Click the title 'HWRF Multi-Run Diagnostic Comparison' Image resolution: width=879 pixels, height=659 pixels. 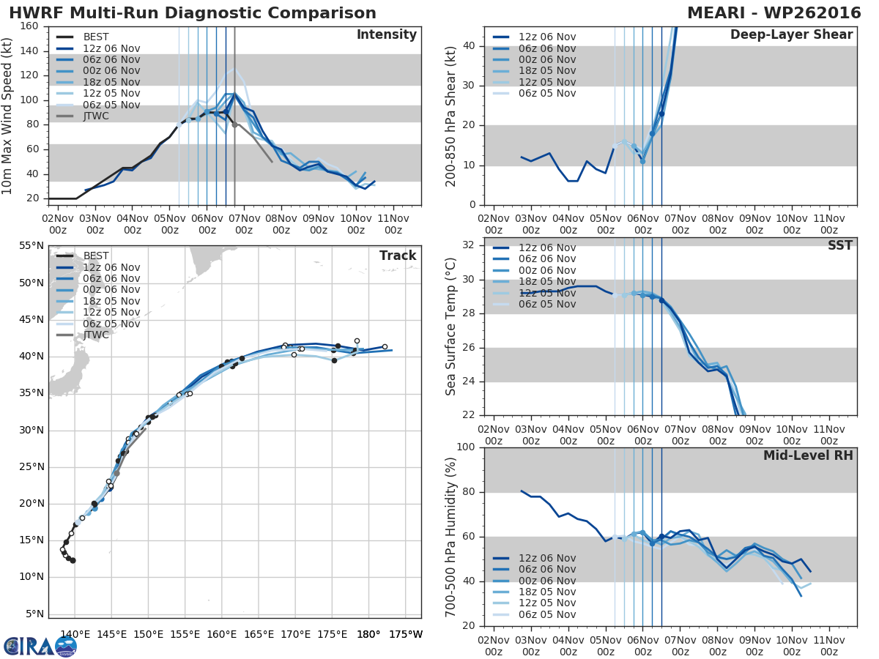pos(193,13)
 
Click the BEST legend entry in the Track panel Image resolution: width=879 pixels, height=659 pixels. pos(96,256)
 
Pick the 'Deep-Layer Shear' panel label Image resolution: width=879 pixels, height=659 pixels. pos(791,35)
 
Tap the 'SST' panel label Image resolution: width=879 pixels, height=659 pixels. pos(840,245)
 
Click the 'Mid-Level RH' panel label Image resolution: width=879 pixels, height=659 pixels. pos(808,455)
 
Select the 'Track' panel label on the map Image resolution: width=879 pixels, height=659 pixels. pos(398,256)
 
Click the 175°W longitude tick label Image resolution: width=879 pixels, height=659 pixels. pos(405,634)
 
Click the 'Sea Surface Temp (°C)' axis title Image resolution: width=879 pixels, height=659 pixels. pos(450,327)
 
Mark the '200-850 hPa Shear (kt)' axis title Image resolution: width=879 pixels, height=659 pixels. pos(450,116)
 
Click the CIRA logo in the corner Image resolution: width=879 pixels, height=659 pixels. pos(40,647)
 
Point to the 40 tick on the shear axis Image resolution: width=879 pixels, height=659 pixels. pos(471,46)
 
